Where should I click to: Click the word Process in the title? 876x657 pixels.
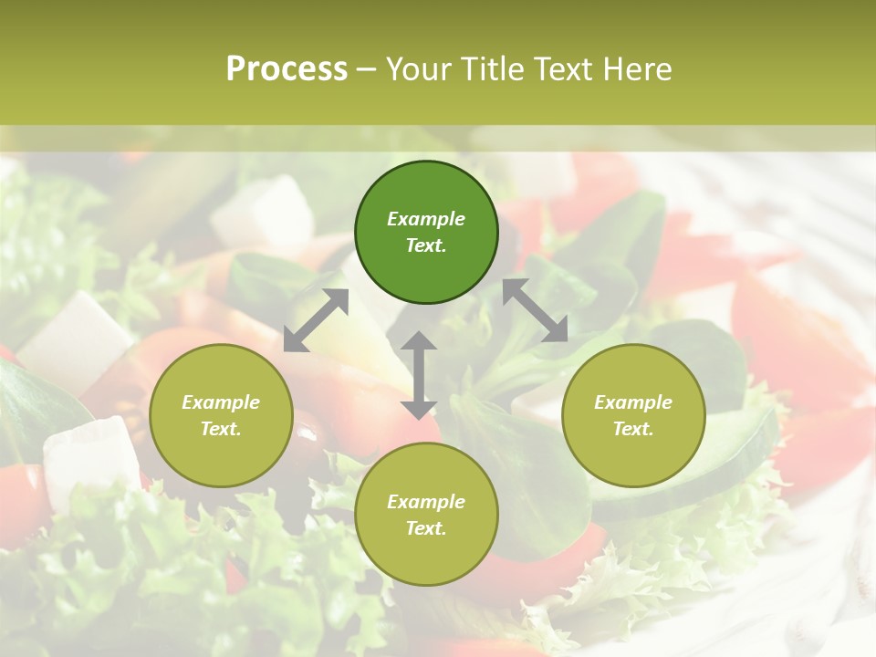click(x=287, y=69)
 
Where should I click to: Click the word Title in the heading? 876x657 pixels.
click(x=493, y=69)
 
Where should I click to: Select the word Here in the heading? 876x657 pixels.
click(x=636, y=69)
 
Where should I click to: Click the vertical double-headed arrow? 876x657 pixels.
click(x=419, y=375)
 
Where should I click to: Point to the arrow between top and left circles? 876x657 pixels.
click(x=316, y=320)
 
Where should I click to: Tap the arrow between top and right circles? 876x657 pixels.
click(x=536, y=310)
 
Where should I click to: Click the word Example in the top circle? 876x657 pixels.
click(x=426, y=219)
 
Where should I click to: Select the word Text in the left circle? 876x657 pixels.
click(x=221, y=429)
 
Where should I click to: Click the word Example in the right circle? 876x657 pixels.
click(x=633, y=402)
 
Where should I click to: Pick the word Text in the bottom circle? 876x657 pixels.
click(x=426, y=528)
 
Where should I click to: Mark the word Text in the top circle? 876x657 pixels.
click(x=426, y=246)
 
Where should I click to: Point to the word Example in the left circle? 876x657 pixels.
click(x=221, y=402)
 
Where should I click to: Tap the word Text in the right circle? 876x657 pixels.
click(x=633, y=429)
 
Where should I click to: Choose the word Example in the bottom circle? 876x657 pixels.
click(x=426, y=502)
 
